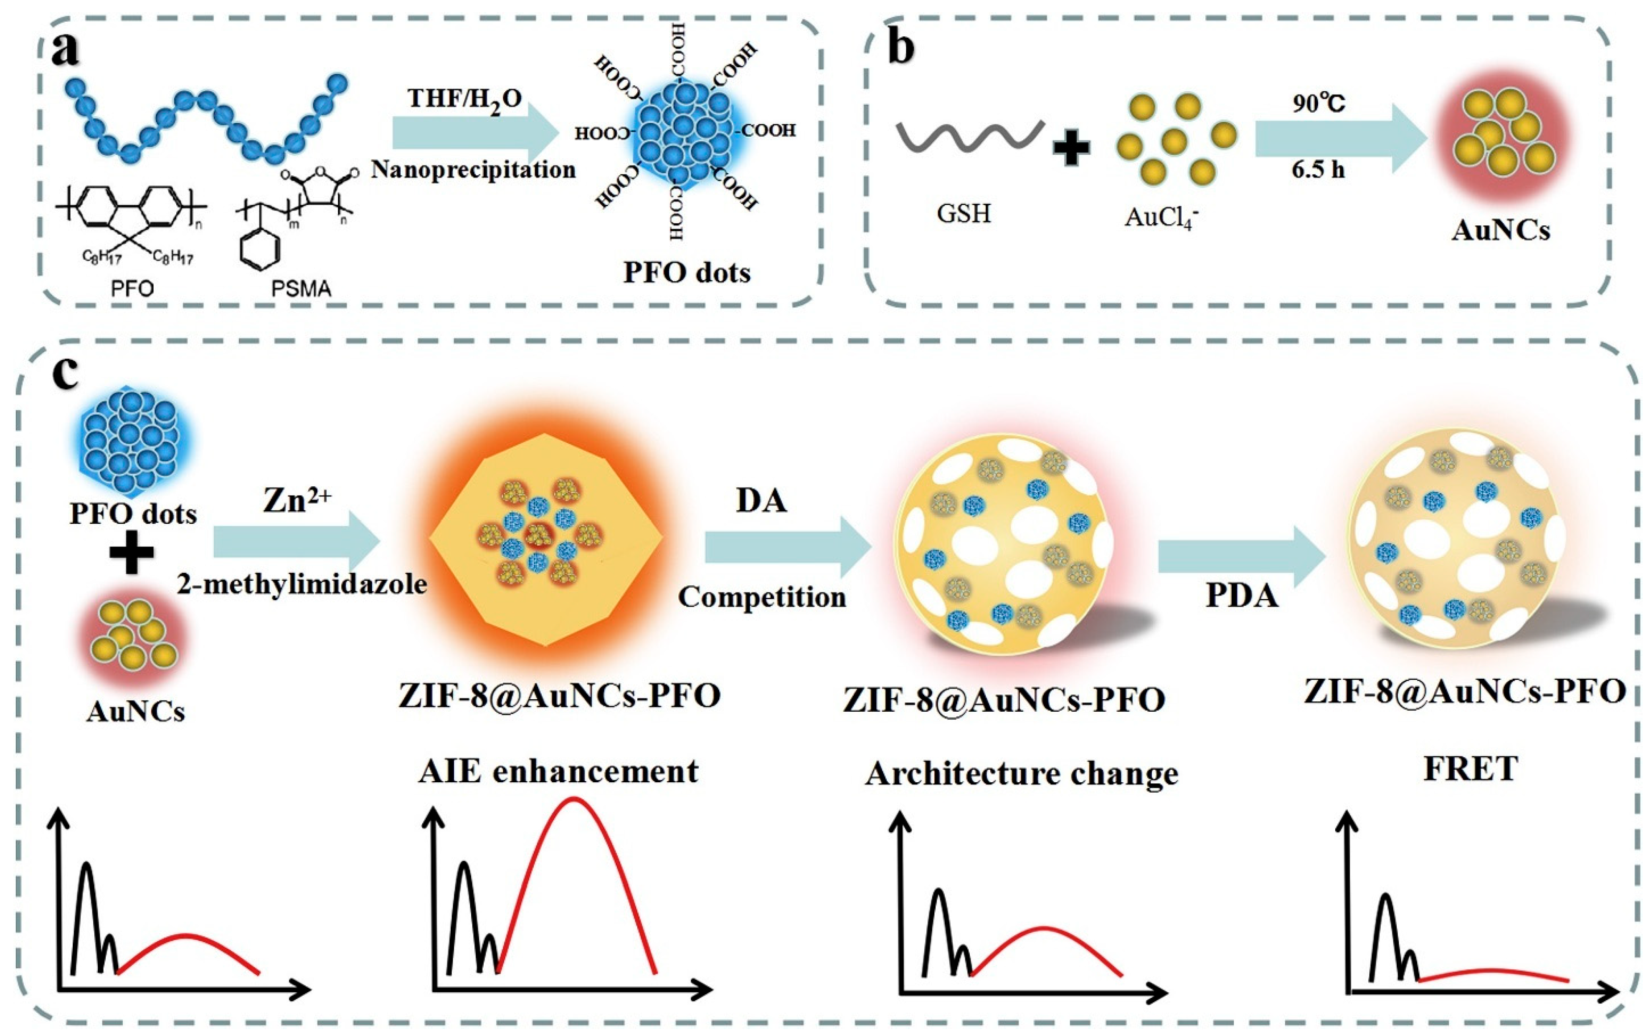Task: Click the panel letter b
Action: click(x=900, y=48)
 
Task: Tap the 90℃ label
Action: click(x=1319, y=103)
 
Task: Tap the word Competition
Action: click(x=761, y=597)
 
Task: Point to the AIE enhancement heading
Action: click(x=558, y=771)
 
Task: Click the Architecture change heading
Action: click(x=1022, y=774)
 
